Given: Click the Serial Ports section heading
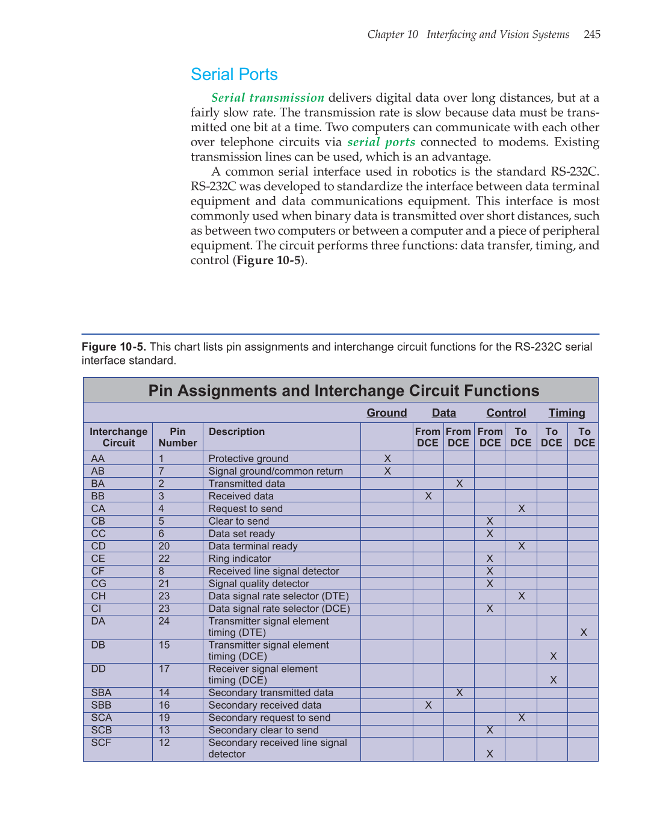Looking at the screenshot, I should [x=234, y=75].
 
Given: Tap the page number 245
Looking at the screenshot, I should [x=592, y=34].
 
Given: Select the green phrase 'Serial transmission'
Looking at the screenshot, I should [x=268, y=97].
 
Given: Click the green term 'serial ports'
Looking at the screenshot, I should [x=381, y=142].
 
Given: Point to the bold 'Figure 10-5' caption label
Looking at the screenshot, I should [x=114, y=347].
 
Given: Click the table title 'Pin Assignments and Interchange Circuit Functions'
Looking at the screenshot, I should [x=344, y=391].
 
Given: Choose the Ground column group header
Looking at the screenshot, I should [x=387, y=413].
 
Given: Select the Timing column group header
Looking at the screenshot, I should [x=566, y=413].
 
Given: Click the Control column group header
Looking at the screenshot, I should [x=506, y=413].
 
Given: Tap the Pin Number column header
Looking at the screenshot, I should [x=177, y=437].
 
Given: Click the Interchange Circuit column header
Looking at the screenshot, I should [x=119, y=437].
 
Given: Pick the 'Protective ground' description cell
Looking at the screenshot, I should [x=248, y=458].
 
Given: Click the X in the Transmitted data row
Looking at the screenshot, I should [x=459, y=484].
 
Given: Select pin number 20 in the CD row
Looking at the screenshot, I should [x=164, y=546].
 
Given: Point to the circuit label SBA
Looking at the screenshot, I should [x=101, y=693].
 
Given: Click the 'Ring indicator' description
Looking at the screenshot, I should [x=239, y=559].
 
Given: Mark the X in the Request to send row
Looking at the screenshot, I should [x=521, y=509].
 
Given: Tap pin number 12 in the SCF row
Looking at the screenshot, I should [x=164, y=743].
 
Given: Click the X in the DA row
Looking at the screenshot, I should [x=583, y=632].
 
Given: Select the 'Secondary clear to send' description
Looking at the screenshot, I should [x=264, y=730].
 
